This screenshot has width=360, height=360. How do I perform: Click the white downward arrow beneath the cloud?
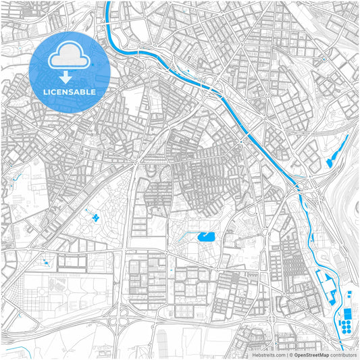point(66,78)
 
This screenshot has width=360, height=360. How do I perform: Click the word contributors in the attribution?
point(343,355)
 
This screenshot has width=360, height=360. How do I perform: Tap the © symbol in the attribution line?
point(290,355)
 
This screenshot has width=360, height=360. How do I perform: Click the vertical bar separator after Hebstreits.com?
point(286,355)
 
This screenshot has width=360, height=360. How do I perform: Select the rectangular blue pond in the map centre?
point(205,236)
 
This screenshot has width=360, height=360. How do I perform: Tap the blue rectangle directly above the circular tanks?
point(348,314)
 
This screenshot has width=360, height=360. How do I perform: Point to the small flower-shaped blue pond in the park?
point(96,217)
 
